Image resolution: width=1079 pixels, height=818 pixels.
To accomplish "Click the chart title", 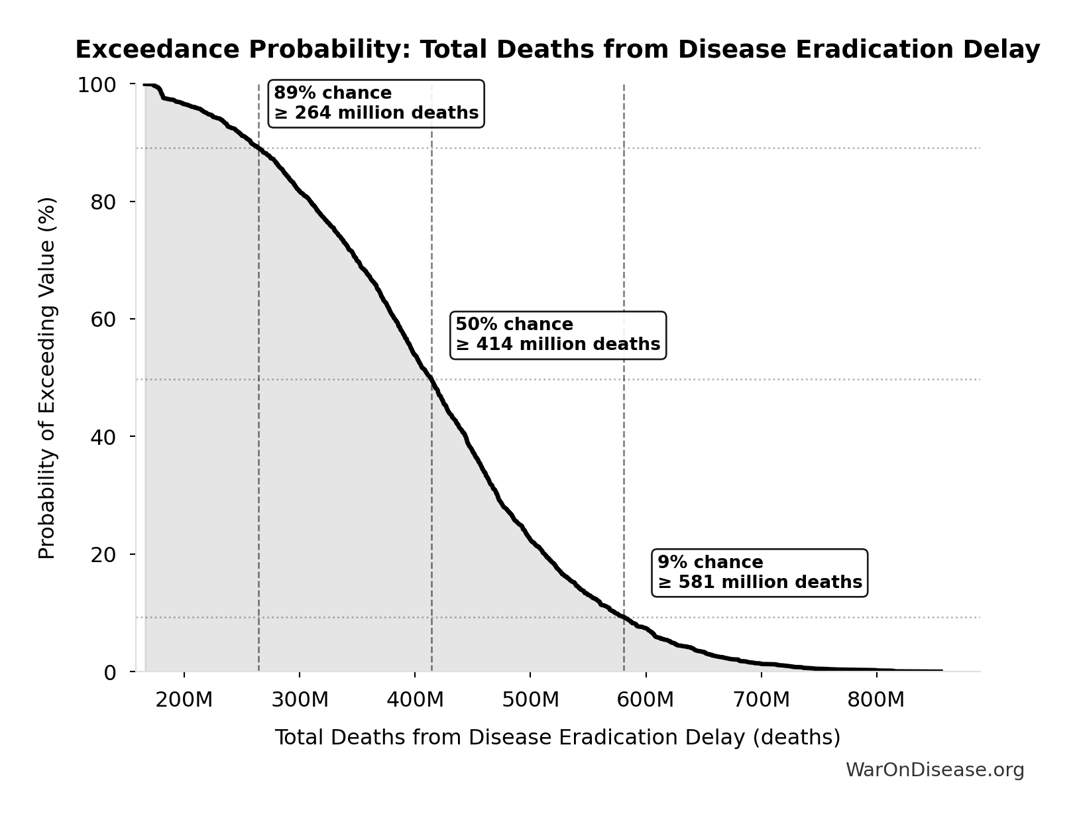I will point(557,50).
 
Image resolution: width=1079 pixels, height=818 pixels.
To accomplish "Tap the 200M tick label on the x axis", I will point(184,700).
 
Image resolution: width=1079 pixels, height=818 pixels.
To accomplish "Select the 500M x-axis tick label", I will point(530,700).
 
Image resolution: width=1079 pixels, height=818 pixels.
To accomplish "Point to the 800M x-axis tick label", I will point(876,700).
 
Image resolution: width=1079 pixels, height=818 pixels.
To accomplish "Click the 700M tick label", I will point(761,700).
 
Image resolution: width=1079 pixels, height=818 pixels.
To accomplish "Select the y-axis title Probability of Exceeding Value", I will point(47,378).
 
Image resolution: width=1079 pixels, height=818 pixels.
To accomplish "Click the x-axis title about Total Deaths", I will point(557,738).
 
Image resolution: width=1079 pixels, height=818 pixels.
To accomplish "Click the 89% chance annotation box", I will point(376,103).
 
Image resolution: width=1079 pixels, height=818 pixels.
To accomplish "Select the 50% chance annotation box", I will point(557,335).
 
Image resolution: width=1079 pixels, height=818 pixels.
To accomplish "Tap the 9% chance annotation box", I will point(760,573).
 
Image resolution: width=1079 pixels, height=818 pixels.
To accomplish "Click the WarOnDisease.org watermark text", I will point(935,770).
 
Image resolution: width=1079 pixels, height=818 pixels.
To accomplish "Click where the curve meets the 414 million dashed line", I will point(431,380).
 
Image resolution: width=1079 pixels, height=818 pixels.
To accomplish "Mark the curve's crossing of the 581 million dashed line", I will point(624,617).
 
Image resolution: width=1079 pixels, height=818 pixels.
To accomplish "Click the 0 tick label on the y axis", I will point(110,672).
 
